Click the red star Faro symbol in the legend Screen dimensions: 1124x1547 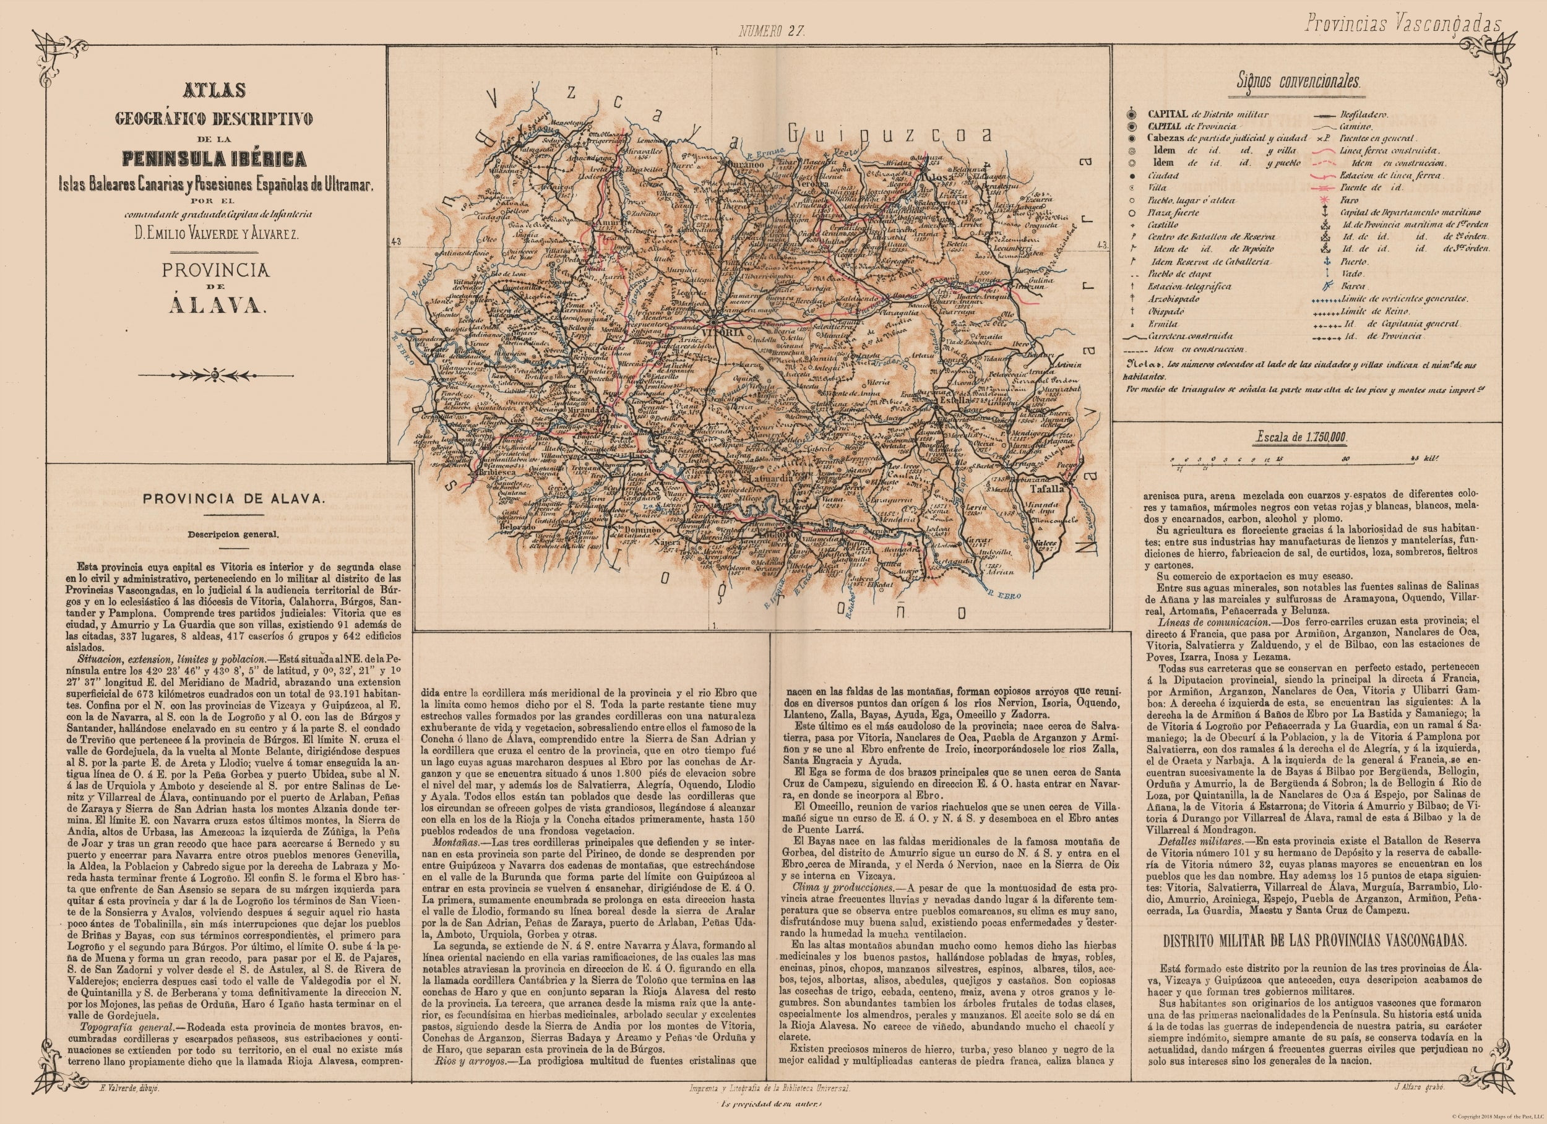pyautogui.click(x=1324, y=200)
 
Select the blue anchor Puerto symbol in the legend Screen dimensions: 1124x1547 pyautogui.click(x=1324, y=261)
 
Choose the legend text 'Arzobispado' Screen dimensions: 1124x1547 pyautogui.click(x=1168, y=299)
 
